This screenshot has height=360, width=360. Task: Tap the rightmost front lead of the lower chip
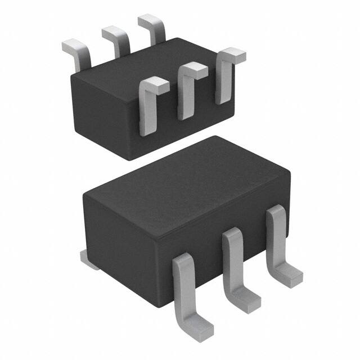point(279,242)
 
